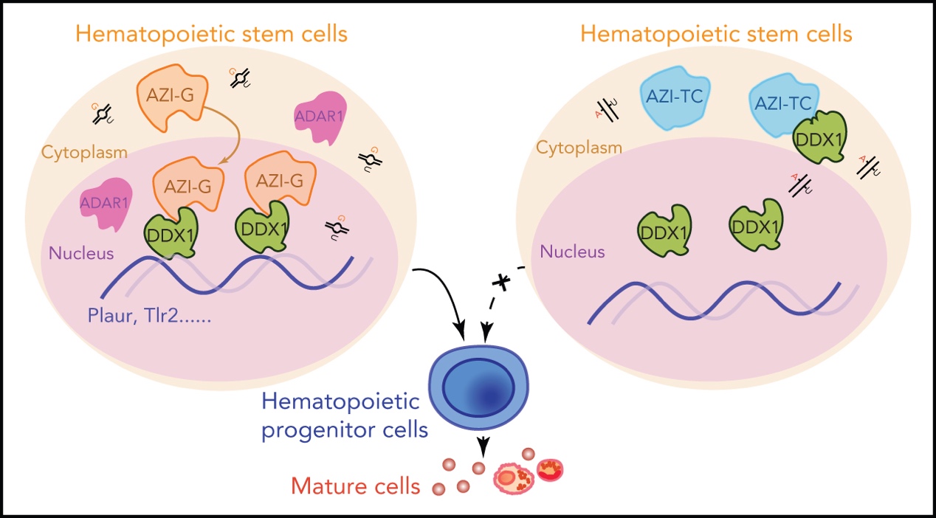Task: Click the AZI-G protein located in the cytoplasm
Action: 169,97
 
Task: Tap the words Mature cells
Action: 356,487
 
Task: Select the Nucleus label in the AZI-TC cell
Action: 572,252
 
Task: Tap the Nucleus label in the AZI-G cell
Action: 81,254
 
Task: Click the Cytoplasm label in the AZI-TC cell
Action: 579,147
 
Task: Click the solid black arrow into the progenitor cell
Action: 450,303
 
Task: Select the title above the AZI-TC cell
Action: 716,34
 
